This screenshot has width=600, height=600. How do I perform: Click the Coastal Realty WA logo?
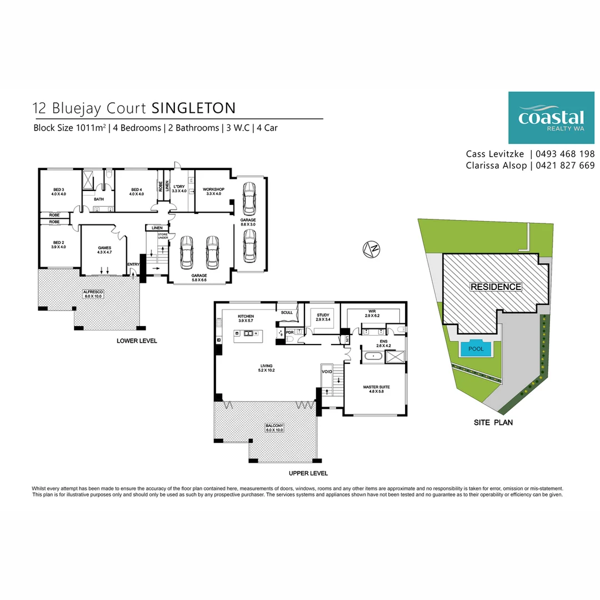(551, 118)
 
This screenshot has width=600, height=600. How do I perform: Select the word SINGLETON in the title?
(193, 107)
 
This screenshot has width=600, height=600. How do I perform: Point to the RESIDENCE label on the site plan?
(496, 287)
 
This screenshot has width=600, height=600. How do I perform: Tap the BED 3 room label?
(58, 189)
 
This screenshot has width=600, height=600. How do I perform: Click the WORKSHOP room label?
(214, 190)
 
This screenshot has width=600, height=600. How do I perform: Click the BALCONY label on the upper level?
(274, 426)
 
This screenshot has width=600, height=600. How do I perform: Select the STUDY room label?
(323, 316)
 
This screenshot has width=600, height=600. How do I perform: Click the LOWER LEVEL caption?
(137, 341)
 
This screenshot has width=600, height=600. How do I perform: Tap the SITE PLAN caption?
(493, 423)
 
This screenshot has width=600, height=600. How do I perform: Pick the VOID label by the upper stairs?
(327, 371)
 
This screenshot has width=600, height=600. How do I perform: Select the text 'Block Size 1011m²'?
(69, 128)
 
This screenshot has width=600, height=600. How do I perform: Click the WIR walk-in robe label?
(372, 312)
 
